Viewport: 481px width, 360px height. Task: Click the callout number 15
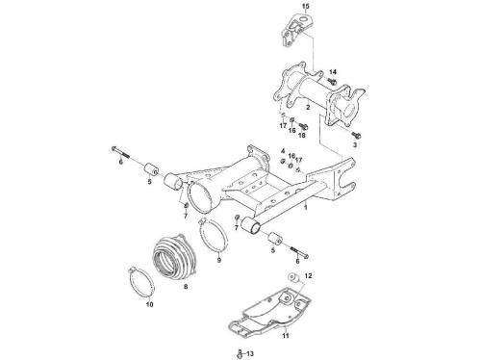[306, 6]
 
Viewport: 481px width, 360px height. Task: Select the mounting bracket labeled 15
[295, 30]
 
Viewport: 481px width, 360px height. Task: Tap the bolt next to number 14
[332, 81]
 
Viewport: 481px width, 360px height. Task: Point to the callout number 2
[308, 107]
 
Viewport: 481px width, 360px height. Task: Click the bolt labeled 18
[303, 126]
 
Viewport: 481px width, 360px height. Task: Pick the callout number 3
[355, 145]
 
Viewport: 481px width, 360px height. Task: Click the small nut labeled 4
[283, 161]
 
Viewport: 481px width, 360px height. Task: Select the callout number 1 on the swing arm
[306, 207]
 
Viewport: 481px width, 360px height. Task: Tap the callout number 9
[219, 260]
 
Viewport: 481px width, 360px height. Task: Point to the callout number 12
[308, 275]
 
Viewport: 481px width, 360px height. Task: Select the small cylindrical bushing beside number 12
[293, 277]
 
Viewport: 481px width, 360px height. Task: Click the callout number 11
[286, 336]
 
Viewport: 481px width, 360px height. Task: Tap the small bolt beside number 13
[240, 354]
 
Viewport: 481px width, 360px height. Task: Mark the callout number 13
[250, 354]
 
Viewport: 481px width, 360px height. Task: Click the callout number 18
[302, 136]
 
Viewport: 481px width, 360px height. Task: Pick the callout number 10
[150, 304]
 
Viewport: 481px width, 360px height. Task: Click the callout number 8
[186, 287]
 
